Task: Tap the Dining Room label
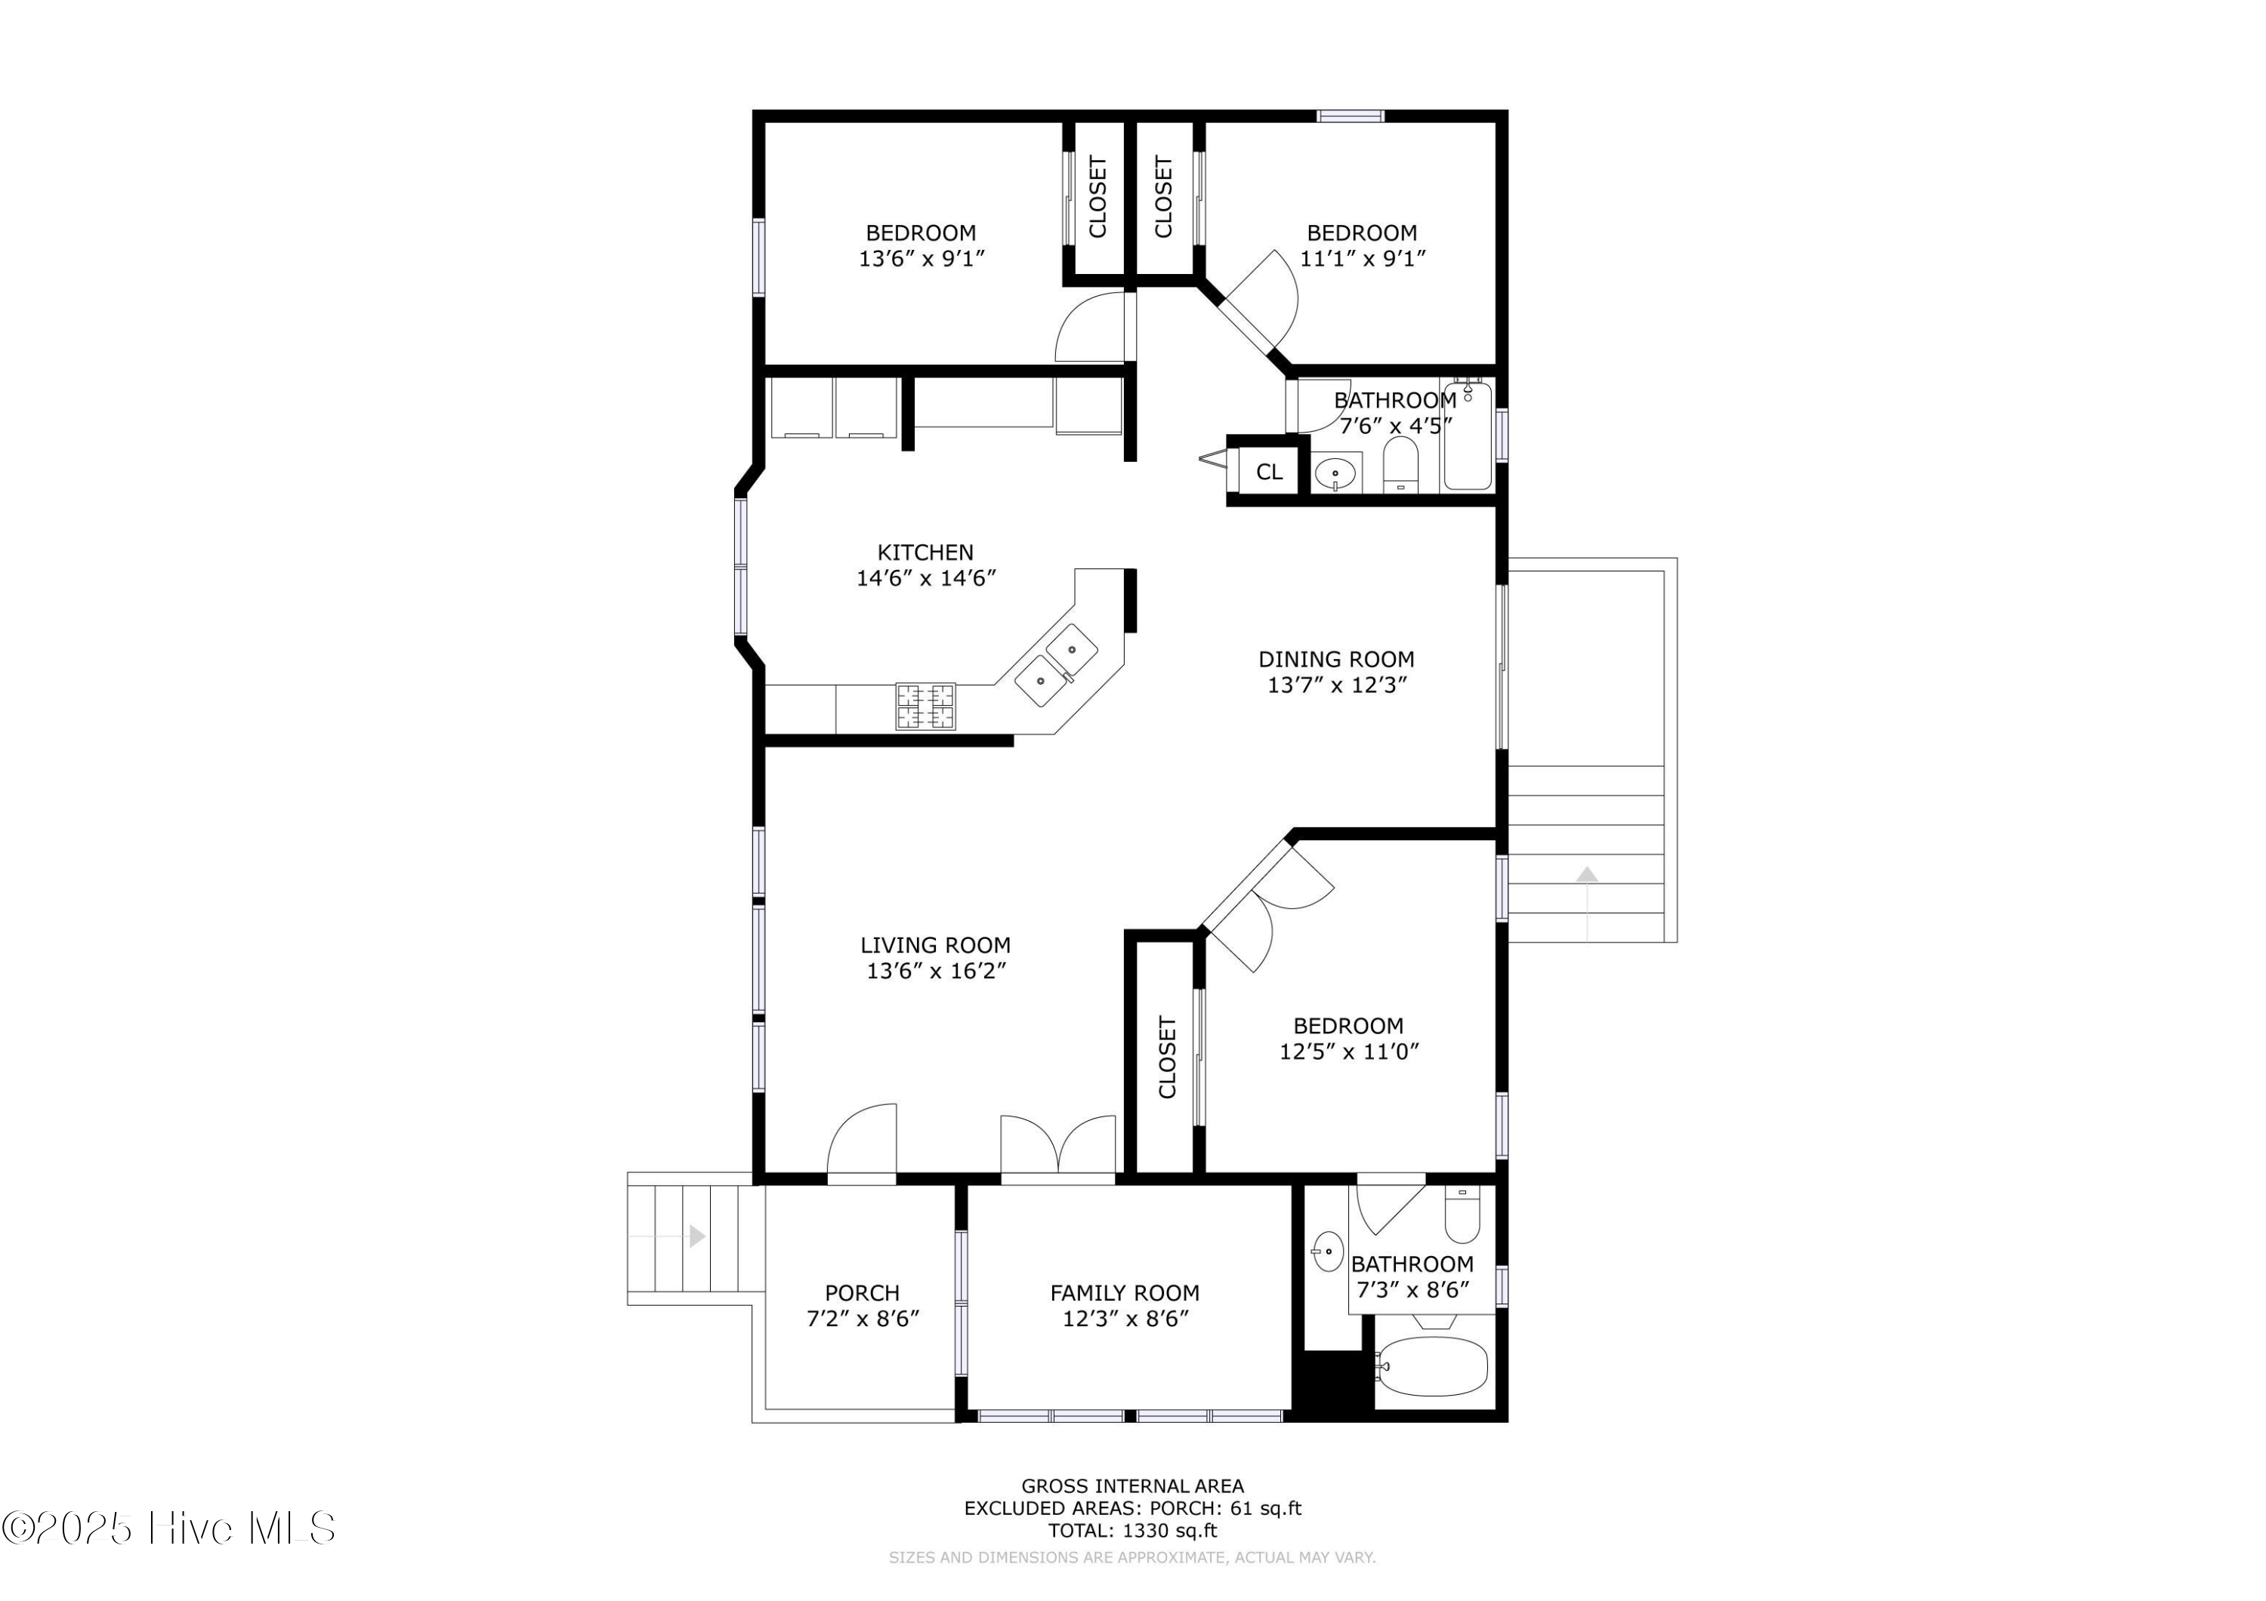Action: tap(1335, 659)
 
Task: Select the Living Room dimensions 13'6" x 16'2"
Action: tap(936, 971)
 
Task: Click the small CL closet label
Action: tap(1269, 473)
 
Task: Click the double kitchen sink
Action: tap(1057, 665)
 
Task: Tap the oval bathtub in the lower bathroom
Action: tap(1432, 1366)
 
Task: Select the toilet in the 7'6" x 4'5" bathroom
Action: tap(1400, 463)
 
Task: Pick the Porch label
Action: tap(862, 1292)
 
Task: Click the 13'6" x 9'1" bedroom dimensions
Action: tap(922, 258)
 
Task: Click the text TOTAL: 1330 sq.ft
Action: tap(1132, 1530)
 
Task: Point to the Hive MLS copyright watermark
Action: tap(168, 1528)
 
